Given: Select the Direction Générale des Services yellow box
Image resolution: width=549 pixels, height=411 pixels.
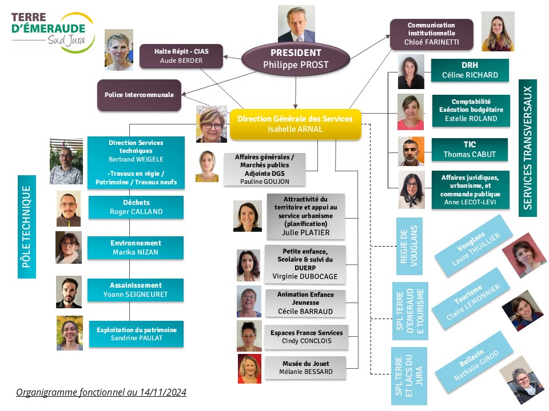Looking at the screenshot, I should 295,124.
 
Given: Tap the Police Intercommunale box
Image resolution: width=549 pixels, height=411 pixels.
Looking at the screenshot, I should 139,95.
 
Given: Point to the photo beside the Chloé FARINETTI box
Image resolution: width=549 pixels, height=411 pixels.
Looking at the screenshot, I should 498,31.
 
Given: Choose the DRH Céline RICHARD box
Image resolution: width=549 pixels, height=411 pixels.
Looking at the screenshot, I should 470,70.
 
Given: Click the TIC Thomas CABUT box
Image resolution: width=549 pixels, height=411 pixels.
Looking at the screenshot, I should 470,150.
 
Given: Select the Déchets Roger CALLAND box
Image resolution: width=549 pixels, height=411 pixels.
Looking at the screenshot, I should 136,207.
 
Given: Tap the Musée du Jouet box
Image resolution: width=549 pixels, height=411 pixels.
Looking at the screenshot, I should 305,368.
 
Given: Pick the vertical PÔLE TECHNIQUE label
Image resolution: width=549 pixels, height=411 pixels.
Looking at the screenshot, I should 27,227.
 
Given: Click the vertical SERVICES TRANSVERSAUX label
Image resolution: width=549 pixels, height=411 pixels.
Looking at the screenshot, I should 528,148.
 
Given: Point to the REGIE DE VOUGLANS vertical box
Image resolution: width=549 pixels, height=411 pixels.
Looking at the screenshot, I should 409,246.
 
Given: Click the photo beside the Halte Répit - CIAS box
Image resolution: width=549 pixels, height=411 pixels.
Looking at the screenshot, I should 119,50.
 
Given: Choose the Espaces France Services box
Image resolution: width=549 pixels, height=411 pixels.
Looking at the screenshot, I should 307,337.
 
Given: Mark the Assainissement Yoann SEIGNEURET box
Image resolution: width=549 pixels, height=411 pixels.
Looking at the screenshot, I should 136,290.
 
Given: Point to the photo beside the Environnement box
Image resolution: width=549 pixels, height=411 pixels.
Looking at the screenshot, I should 69,247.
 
